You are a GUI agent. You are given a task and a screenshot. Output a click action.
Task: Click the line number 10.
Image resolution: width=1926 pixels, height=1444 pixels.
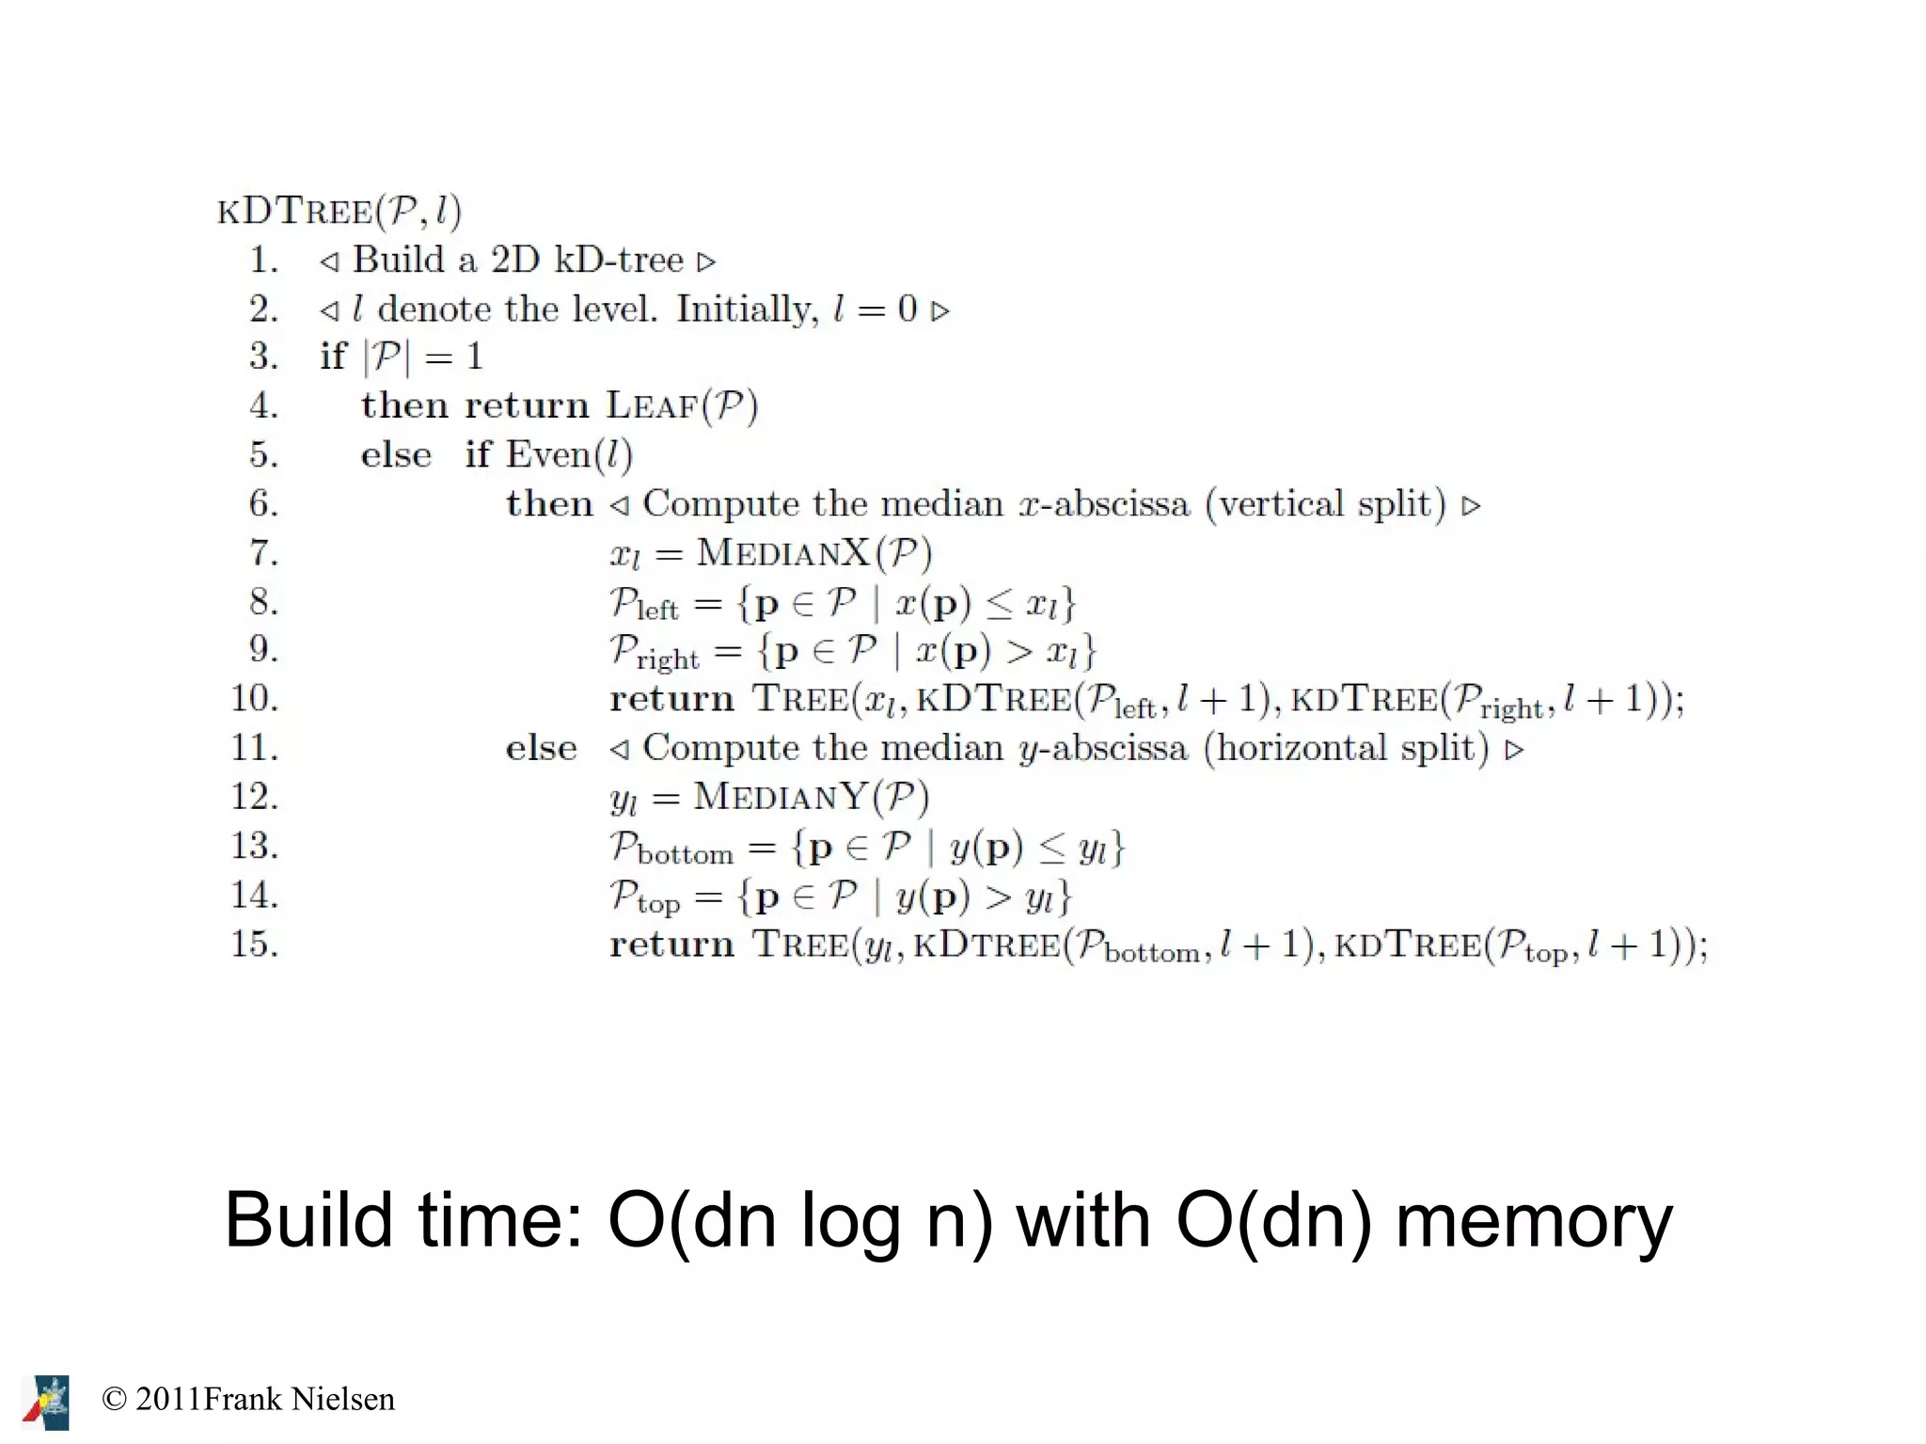[254, 699]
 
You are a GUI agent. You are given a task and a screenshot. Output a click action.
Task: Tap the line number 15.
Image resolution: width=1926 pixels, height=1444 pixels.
[254, 944]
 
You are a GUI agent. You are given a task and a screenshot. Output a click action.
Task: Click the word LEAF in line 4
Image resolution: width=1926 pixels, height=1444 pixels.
[652, 405]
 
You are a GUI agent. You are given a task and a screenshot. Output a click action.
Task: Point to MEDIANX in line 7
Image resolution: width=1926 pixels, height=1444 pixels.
[782, 552]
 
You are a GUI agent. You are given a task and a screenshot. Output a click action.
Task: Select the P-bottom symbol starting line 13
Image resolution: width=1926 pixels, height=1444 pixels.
[671, 849]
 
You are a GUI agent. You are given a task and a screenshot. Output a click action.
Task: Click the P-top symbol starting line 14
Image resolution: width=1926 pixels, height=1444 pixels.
[644, 897]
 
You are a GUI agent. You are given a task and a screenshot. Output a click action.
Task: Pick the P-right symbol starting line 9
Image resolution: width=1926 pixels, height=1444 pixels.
[654, 652]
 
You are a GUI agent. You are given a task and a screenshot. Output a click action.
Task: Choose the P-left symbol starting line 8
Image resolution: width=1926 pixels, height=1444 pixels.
[643, 604]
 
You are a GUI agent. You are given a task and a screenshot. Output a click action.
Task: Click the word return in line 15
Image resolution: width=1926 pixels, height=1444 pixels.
[671, 944]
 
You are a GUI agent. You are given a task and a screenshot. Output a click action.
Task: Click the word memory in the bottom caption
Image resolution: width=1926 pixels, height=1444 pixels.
[1533, 1220]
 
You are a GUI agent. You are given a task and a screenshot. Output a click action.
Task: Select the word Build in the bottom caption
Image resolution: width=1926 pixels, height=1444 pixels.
[308, 1220]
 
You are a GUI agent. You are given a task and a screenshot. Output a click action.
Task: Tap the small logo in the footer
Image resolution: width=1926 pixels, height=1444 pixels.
[47, 1402]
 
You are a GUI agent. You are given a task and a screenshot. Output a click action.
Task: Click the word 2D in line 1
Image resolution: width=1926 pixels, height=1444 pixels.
[514, 260]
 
